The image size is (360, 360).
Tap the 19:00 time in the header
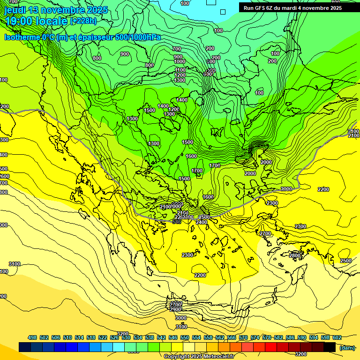(19, 21)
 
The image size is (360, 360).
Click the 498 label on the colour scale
(32, 337)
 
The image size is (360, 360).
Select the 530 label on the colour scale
(126, 337)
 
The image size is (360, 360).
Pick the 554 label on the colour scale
(196, 337)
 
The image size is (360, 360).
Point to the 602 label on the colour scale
(337, 337)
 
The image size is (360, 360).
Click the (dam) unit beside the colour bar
(347, 348)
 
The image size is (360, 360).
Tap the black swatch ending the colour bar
(330, 347)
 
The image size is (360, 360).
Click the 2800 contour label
(295, 255)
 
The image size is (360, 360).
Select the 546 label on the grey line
(176, 221)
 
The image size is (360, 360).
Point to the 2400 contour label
(202, 222)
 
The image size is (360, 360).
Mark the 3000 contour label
(180, 318)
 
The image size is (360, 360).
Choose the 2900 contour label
(176, 309)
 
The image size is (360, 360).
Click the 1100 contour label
(180, 70)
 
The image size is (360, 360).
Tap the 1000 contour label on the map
(179, 61)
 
